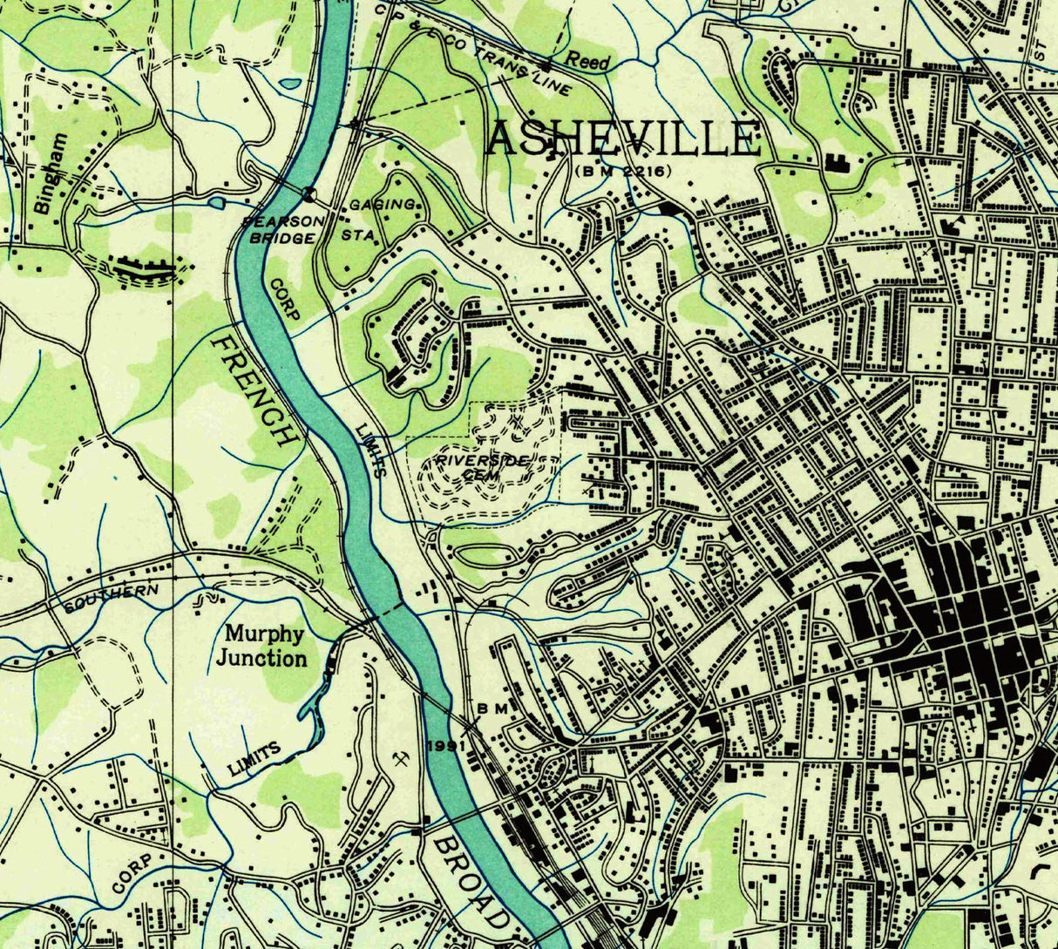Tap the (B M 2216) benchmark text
click(x=622, y=171)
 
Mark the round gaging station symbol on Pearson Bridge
click(x=308, y=193)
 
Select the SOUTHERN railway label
click(x=111, y=598)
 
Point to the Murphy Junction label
click(x=261, y=646)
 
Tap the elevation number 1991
click(x=444, y=746)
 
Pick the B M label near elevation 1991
click(x=492, y=709)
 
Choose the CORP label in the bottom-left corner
click(x=137, y=873)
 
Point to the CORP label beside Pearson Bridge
click(x=282, y=301)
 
